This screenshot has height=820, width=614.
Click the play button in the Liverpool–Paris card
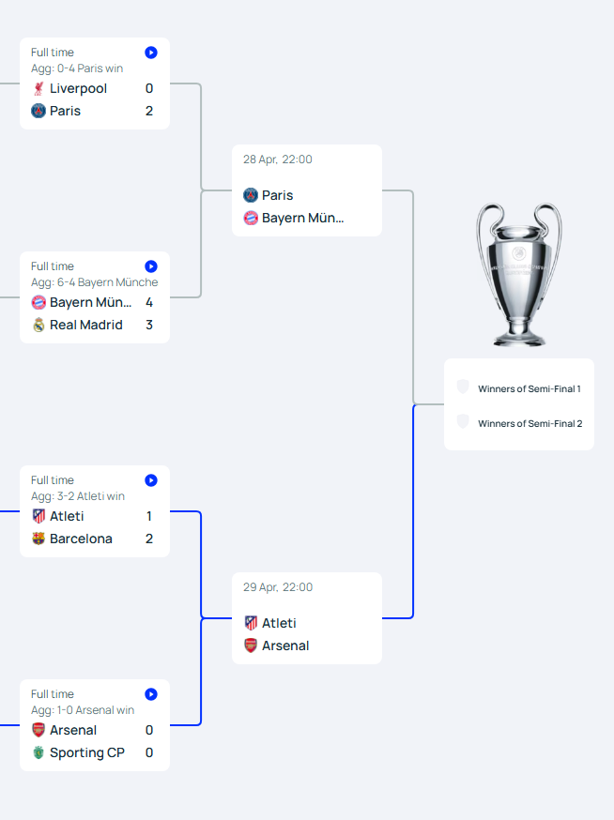pyautogui.click(x=151, y=53)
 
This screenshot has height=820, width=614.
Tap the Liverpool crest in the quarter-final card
pyautogui.click(x=38, y=88)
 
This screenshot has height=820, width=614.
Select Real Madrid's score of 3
pyautogui.click(x=149, y=325)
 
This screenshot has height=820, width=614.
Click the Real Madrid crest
pyautogui.click(x=38, y=325)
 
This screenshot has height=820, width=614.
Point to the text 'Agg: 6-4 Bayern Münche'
pyautogui.click(x=94, y=282)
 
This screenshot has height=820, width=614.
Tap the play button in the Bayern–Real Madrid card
pyautogui.click(x=151, y=266)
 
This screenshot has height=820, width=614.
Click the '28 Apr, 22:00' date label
pyautogui.click(x=277, y=159)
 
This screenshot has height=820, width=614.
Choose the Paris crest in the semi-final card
pyautogui.click(x=251, y=195)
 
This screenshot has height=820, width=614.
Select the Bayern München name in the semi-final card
pyautogui.click(x=302, y=218)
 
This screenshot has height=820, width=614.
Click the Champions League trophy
pyautogui.click(x=519, y=275)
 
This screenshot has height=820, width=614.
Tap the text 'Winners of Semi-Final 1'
pyautogui.click(x=530, y=389)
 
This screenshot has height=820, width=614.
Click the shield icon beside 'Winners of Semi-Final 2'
pyautogui.click(x=463, y=421)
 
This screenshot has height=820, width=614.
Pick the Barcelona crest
pyautogui.click(x=38, y=539)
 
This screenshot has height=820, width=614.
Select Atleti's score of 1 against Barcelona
pyautogui.click(x=149, y=516)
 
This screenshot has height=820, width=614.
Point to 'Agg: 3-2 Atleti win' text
pyautogui.click(x=78, y=496)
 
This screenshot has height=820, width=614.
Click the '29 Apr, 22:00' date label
pyautogui.click(x=277, y=587)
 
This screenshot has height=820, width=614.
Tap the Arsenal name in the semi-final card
pyautogui.click(x=285, y=645)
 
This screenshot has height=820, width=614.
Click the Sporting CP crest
pyautogui.click(x=38, y=752)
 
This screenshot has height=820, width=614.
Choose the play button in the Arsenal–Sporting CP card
pyautogui.click(x=151, y=694)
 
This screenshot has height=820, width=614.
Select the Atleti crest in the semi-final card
pyautogui.click(x=251, y=623)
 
